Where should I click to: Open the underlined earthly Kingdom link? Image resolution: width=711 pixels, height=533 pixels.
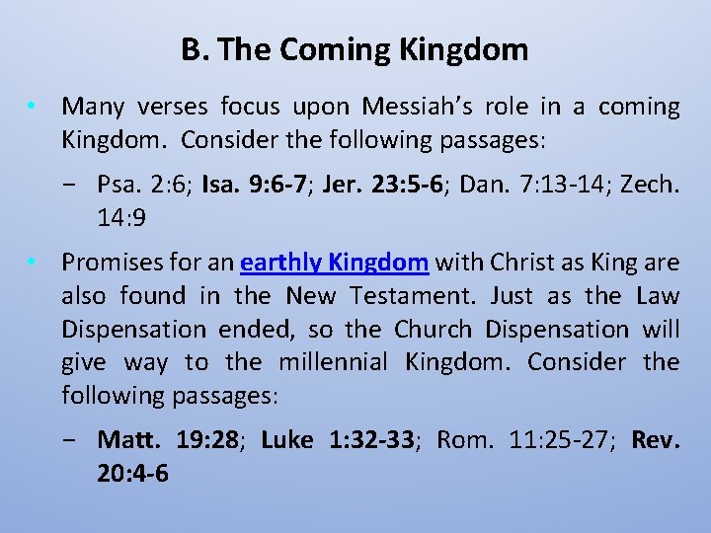click(x=334, y=263)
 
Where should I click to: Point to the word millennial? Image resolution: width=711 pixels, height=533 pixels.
click(x=333, y=362)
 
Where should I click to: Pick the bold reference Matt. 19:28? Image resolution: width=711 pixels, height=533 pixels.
click(x=170, y=439)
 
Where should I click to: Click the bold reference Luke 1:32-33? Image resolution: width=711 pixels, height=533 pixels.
click(x=337, y=439)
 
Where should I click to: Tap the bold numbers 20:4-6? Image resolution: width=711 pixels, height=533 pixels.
click(x=132, y=473)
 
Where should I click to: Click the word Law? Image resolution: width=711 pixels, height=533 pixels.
click(x=657, y=296)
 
